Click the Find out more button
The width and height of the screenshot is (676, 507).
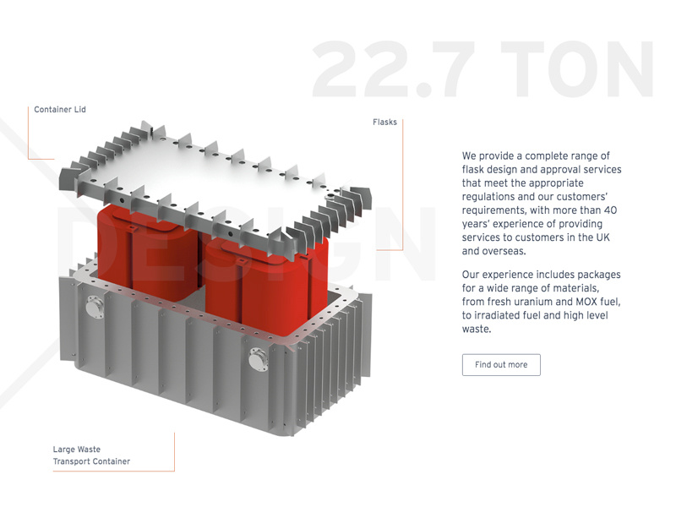501,365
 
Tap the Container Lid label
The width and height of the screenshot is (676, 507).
60,110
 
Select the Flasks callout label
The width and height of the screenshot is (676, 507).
384,122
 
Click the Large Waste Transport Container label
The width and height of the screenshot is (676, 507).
91,455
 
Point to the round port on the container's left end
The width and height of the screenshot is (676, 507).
95,307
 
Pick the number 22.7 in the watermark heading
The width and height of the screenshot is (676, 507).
393,69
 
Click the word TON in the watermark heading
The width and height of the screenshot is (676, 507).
577,69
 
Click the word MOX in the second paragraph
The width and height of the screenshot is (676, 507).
586,302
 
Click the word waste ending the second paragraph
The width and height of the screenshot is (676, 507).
476,329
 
